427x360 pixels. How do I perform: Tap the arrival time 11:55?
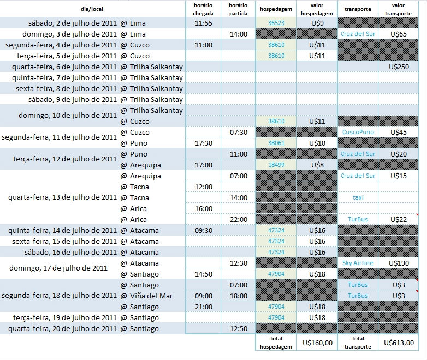pyautogui.click(x=203, y=23)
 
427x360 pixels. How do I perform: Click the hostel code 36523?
pyautogui.click(x=276, y=23)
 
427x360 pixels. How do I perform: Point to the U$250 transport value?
pyautogui.click(x=399, y=67)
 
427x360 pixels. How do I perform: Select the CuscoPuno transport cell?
pyautogui.click(x=358, y=132)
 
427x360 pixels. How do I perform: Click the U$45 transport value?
pyautogui.click(x=399, y=132)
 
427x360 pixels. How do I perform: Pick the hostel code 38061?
pyautogui.click(x=276, y=143)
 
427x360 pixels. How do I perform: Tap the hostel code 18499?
pyautogui.click(x=276, y=165)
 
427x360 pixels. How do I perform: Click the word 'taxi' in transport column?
pyautogui.click(x=358, y=197)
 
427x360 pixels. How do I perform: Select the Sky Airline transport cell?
pyautogui.click(x=358, y=263)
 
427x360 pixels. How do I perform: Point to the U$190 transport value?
pyautogui.click(x=399, y=263)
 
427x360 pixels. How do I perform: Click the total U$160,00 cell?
pyautogui.click(x=317, y=343)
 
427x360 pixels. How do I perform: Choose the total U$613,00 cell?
pyautogui.click(x=399, y=343)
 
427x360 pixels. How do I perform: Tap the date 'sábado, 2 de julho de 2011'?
pyautogui.click(x=72, y=23)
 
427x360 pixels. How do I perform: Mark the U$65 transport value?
pyautogui.click(x=399, y=34)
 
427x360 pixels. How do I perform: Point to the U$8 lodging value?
pyautogui.click(x=317, y=165)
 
